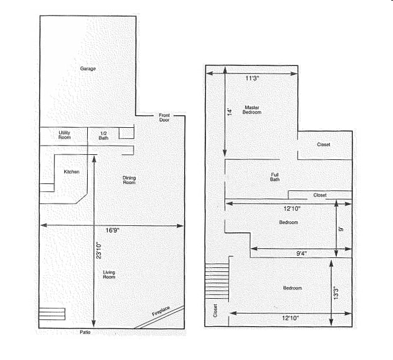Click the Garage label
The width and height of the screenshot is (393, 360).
pyautogui.click(x=88, y=69)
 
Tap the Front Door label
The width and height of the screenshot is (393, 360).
pyautogui.click(x=165, y=118)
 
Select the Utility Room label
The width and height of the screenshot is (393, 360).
pyautogui.click(x=64, y=135)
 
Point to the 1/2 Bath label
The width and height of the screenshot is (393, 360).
pyautogui.click(x=103, y=135)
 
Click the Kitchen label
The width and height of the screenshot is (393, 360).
pyautogui.click(x=72, y=172)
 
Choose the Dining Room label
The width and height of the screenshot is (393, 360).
pyautogui.click(x=129, y=180)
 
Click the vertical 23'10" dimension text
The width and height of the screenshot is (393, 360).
pyautogui.click(x=99, y=252)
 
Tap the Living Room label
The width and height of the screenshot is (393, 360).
pyautogui.click(x=109, y=275)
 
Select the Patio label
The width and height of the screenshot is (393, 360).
pyautogui.click(x=85, y=332)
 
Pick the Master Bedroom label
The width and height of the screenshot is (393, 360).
pyautogui.click(x=252, y=109)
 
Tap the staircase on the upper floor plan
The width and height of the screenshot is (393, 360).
pyautogui.click(x=217, y=280)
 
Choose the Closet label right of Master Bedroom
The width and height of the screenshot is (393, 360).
pyautogui.click(x=324, y=144)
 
